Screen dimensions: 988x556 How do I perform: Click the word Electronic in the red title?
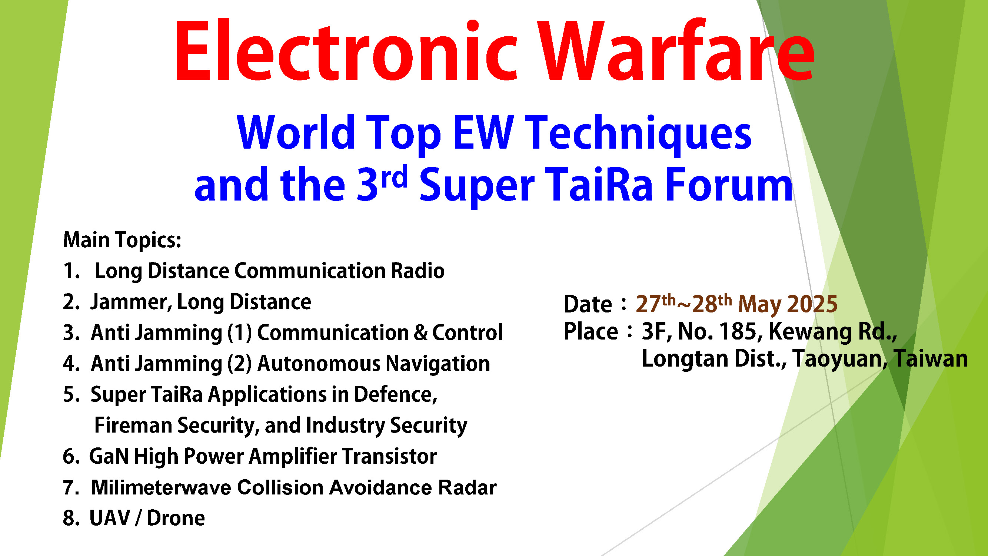click(347, 50)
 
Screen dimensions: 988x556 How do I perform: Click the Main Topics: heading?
click(122, 241)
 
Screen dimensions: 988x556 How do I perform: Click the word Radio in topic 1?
click(418, 271)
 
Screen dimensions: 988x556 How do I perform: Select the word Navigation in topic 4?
click(438, 364)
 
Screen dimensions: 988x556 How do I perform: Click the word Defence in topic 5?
click(395, 394)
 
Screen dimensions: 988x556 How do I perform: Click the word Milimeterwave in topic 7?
click(161, 488)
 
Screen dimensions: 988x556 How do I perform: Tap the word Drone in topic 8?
click(176, 519)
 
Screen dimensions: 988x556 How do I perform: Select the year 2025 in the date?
click(813, 304)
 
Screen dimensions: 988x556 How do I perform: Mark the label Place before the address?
click(591, 331)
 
